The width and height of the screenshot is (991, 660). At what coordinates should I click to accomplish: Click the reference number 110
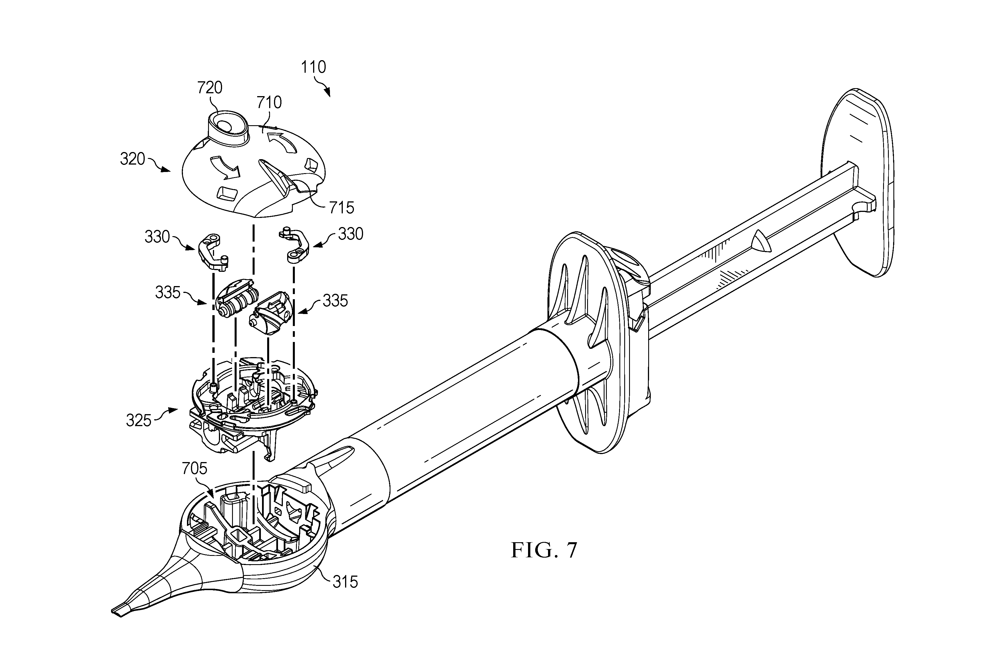coord(313,67)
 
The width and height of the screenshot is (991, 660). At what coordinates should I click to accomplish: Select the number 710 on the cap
coord(269,102)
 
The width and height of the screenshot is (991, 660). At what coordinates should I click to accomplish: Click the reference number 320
coord(132,159)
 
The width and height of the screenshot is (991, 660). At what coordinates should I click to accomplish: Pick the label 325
coord(138,420)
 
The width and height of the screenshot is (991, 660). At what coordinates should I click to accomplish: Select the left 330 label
coord(157,237)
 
